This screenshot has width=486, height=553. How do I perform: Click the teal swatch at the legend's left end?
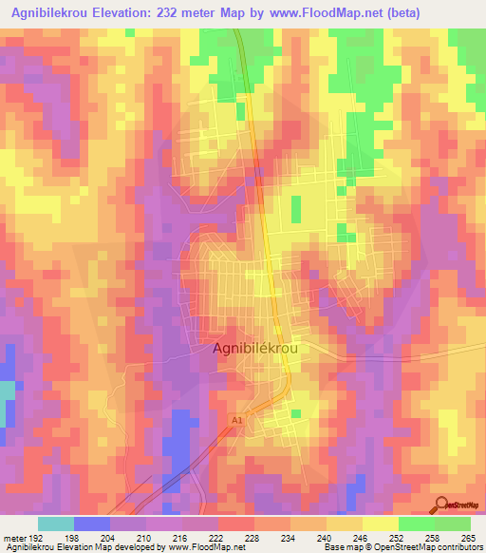[56, 524]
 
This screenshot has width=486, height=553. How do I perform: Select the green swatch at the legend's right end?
[453, 524]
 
